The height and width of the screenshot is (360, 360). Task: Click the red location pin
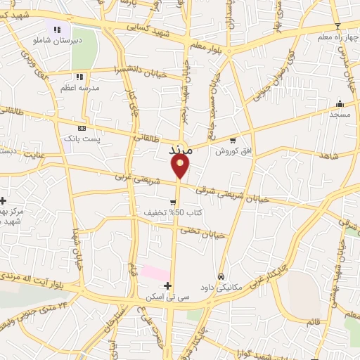tap(180, 166)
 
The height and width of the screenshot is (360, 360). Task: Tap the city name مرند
tap(181, 150)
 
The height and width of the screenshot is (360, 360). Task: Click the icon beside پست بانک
tap(83, 128)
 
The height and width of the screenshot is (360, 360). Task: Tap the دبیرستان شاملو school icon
tap(58, 30)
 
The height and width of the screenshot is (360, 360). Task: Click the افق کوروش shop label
tap(233, 151)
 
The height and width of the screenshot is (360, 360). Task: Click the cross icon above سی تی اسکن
tap(167, 285)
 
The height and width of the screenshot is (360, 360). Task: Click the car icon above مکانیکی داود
tap(221, 276)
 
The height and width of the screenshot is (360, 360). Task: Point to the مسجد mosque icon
tap(340, 103)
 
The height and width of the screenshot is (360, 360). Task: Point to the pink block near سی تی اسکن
tap(155, 272)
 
